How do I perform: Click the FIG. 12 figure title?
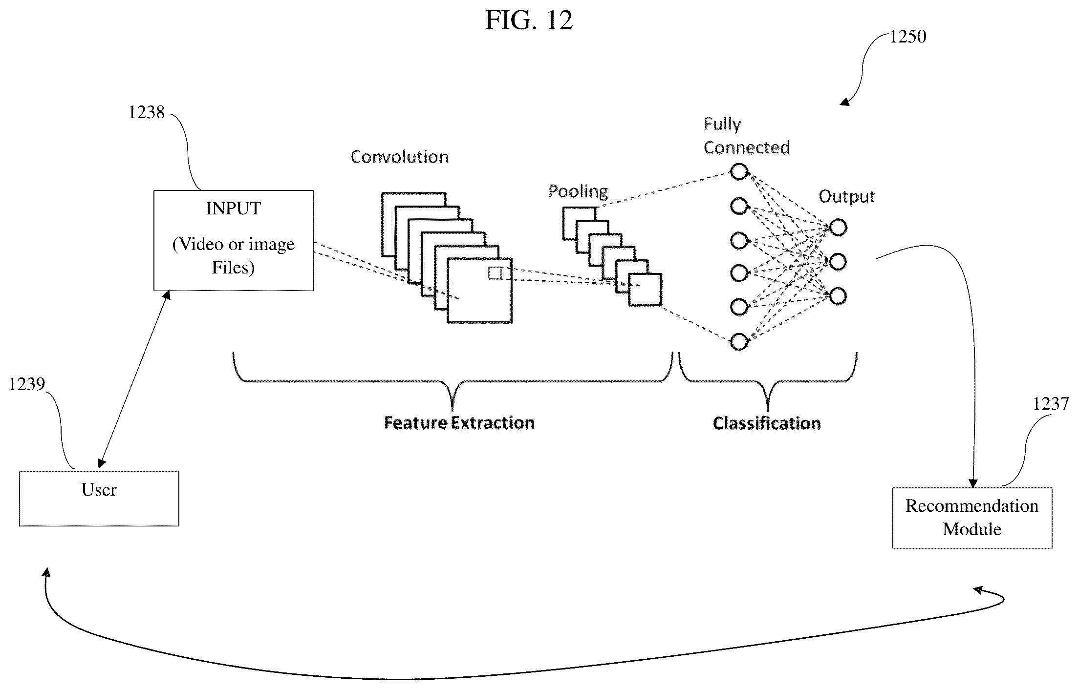click(x=529, y=21)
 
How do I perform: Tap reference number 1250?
click(x=907, y=37)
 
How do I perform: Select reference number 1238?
click(x=147, y=113)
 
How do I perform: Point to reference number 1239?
click(x=27, y=385)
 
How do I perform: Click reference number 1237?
click(x=1051, y=404)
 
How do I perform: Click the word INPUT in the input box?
click(x=234, y=209)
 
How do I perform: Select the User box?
click(x=99, y=499)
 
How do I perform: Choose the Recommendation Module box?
click(x=972, y=518)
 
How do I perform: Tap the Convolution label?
click(x=399, y=157)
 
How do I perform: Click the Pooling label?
click(x=578, y=191)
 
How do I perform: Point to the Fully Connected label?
click(x=746, y=136)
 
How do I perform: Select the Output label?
click(x=847, y=196)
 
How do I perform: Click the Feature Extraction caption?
click(x=459, y=423)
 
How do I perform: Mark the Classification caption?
click(x=767, y=423)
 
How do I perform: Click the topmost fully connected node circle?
click(x=739, y=172)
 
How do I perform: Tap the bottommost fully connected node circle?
click(x=739, y=342)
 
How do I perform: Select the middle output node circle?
click(x=838, y=262)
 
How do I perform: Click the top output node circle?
click(x=838, y=228)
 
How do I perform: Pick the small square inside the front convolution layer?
click(x=495, y=273)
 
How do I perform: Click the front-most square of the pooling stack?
click(x=645, y=290)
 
